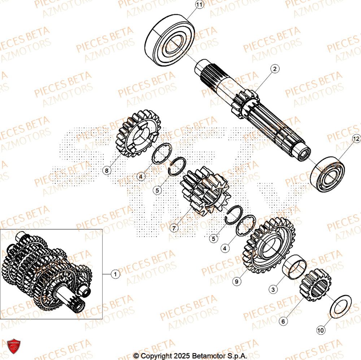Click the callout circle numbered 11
pos(199,5)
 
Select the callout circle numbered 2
pos(275,69)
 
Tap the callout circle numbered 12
pos(356,138)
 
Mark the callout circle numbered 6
pos(283,320)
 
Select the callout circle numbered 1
pos(115,274)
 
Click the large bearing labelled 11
pos(170,40)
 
